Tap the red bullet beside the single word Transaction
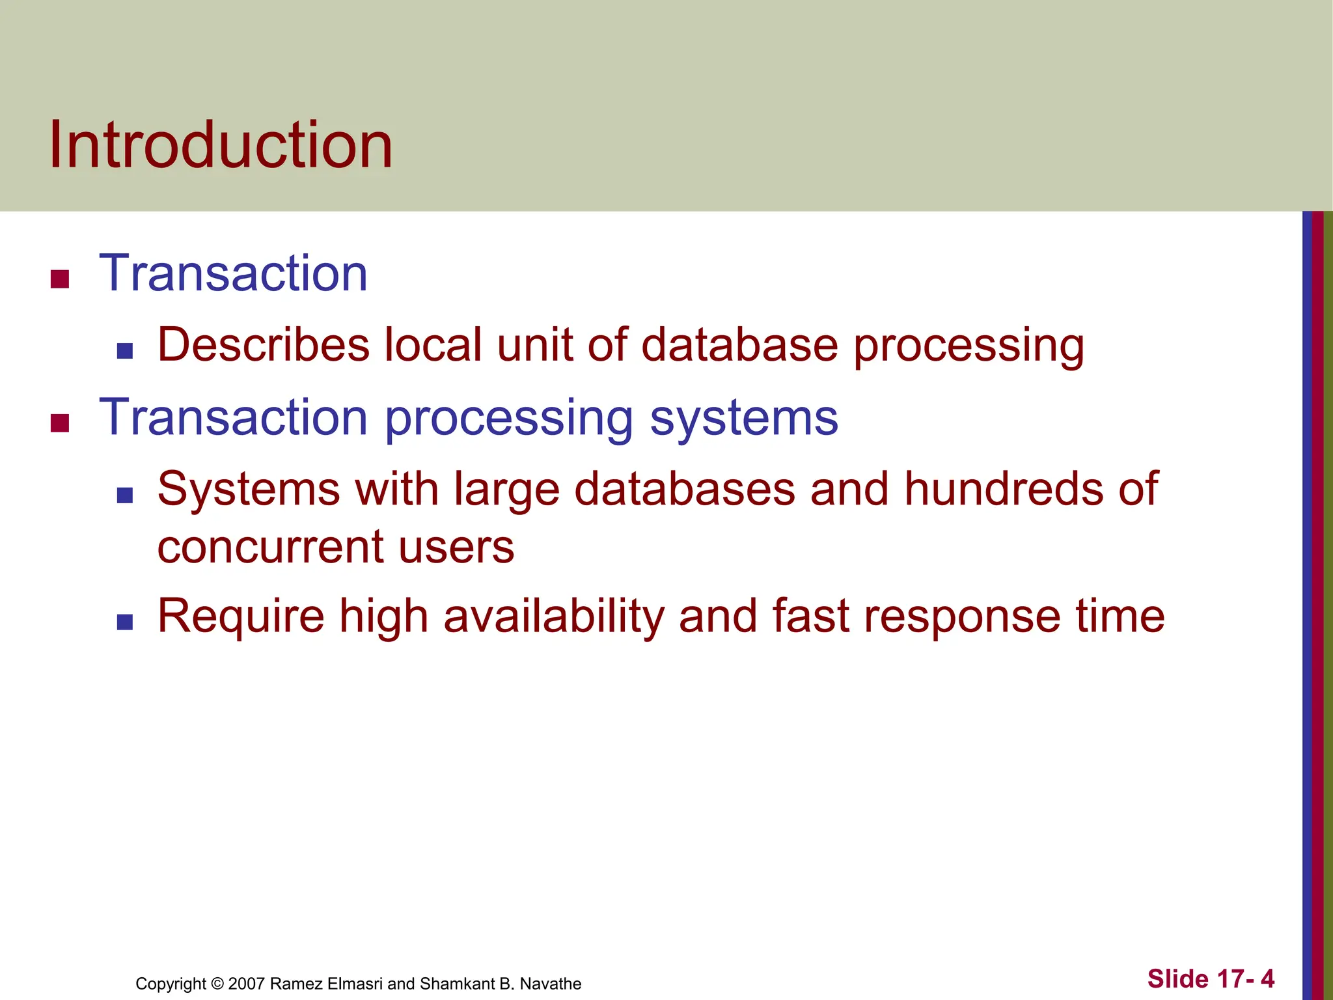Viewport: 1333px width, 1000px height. (60, 279)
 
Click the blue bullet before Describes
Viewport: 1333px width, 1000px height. (125, 352)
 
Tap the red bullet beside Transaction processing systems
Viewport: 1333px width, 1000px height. (60, 423)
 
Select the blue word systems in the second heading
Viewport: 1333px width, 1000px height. (744, 418)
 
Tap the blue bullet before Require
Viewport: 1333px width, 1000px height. (125, 622)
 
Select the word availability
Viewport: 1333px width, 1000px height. (553, 616)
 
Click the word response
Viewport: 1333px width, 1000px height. (961, 617)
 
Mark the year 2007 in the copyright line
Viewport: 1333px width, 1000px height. (247, 984)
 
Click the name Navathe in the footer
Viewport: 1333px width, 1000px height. (551, 984)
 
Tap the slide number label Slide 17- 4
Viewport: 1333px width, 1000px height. (1210, 979)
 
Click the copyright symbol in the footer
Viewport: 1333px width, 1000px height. (217, 984)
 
